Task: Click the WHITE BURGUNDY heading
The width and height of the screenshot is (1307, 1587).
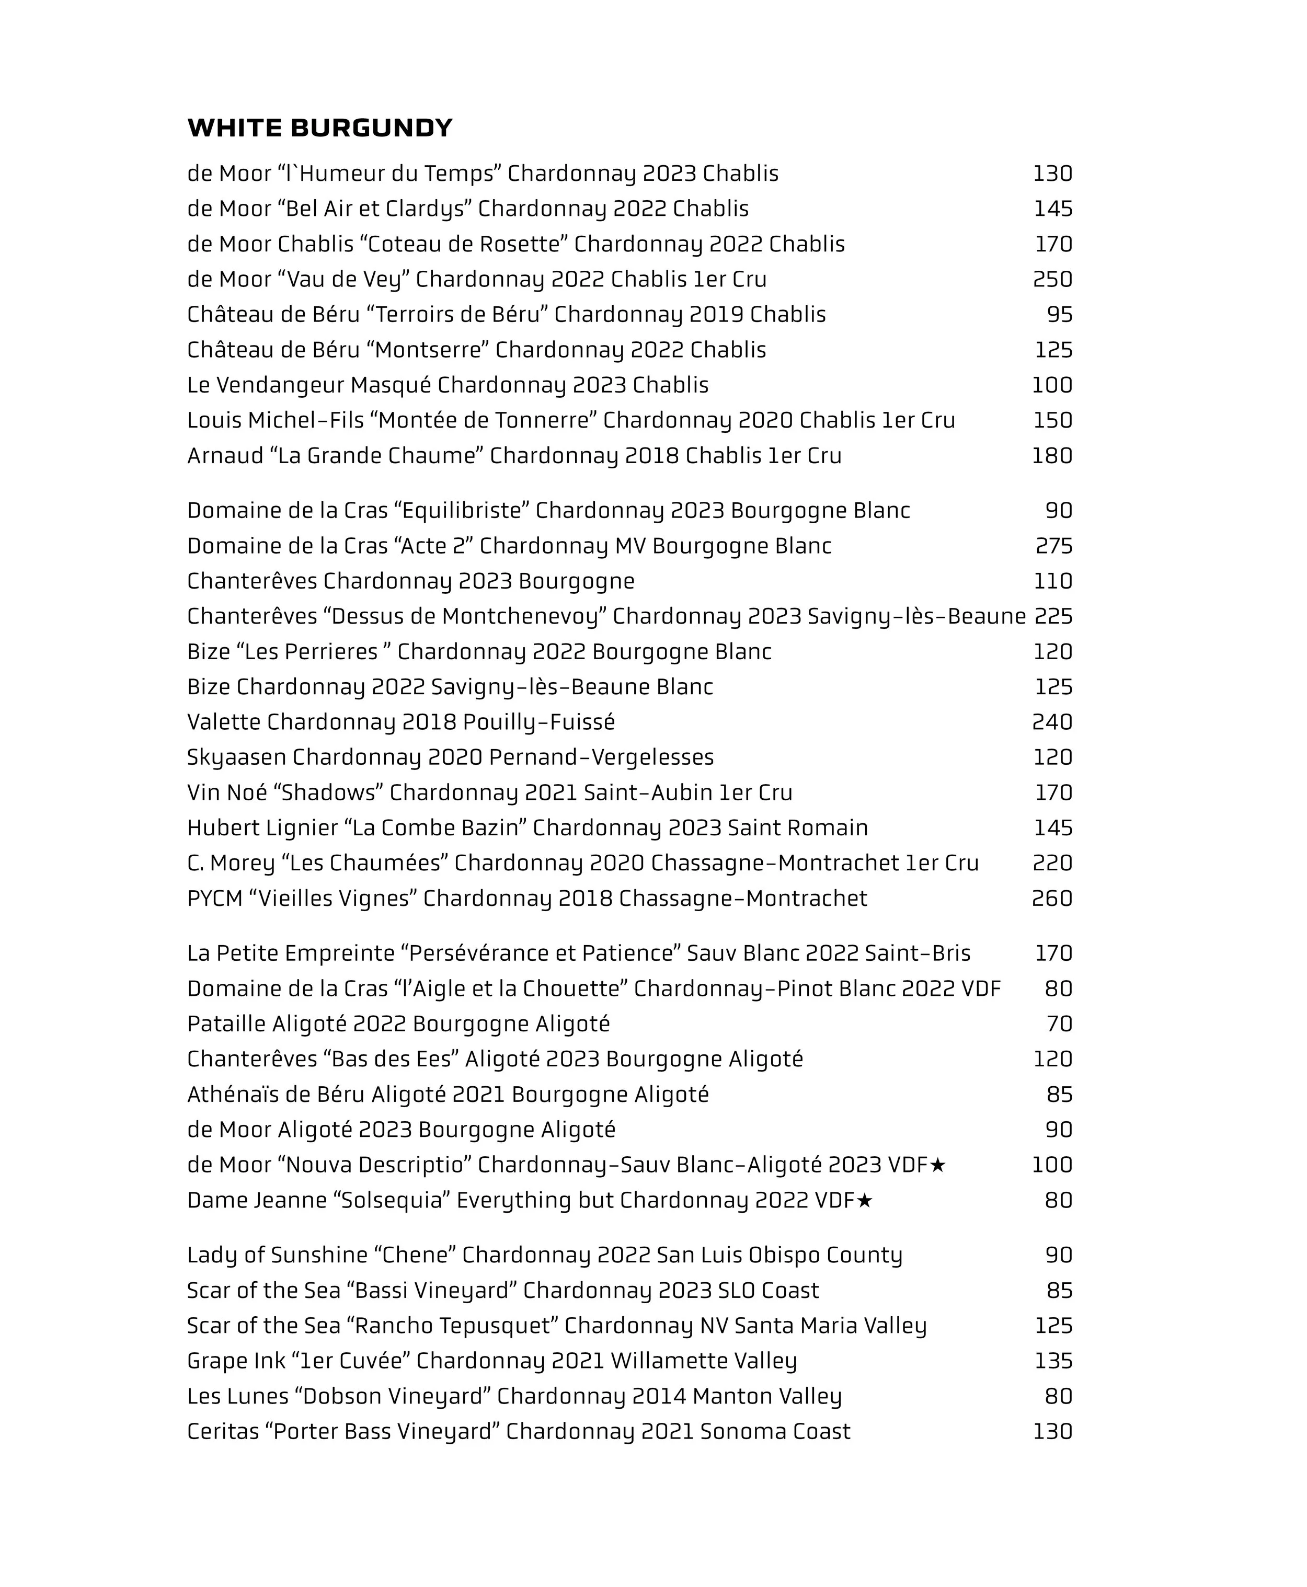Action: pyautogui.click(x=320, y=128)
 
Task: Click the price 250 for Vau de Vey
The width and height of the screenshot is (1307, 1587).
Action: pyautogui.click(x=1052, y=279)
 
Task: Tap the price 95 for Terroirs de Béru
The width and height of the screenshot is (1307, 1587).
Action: pyautogui.click(x=1059, y=315)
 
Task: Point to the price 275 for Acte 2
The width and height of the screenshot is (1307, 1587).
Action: pyautogui.click(x=1053, y=546)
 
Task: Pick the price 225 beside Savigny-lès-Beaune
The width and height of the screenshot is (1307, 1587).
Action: pyautogui.click(x=1053, y=617)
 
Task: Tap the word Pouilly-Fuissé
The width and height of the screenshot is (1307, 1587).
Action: pyautogui.click(x=538, y=722)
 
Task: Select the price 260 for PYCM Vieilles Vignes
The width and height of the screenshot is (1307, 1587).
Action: pyautogui.click(x=1052, y=898)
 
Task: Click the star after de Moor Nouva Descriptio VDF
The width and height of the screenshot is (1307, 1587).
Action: pyautogui.click(x=937, y=1165)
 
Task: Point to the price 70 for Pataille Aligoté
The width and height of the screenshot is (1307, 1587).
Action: pyautogui.click(x=1059, y=1024)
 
